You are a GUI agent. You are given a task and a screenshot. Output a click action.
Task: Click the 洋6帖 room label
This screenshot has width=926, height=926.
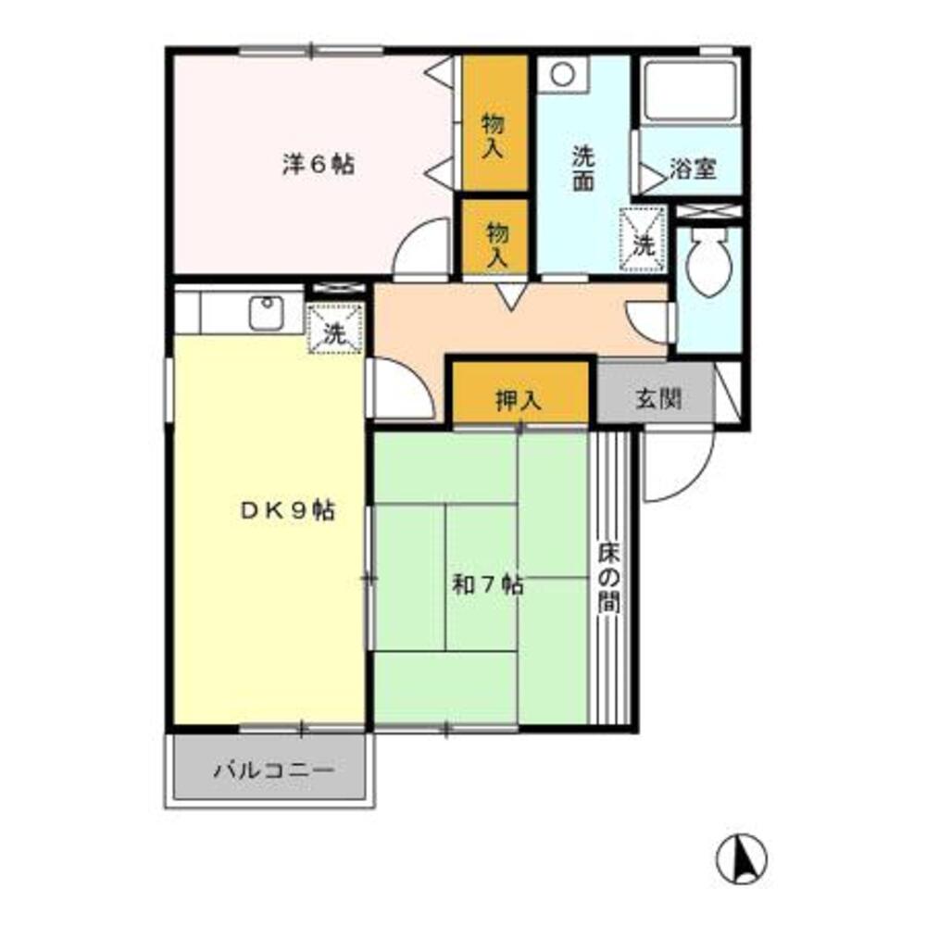318,165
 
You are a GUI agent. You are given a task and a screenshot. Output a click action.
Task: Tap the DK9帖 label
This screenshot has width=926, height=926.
288,509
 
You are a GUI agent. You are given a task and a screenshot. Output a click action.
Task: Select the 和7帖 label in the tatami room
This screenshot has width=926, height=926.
488,584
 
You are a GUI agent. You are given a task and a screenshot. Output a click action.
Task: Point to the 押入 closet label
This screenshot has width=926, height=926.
518,400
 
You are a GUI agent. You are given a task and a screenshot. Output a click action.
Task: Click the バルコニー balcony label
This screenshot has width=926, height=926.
272,770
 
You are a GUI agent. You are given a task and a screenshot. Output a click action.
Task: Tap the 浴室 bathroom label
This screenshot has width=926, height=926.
694,170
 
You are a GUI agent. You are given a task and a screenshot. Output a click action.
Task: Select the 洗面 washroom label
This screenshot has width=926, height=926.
582,169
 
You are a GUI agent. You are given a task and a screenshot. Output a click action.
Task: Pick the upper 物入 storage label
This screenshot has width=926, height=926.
494,135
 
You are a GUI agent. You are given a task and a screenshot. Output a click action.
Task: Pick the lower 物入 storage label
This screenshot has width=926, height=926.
496,244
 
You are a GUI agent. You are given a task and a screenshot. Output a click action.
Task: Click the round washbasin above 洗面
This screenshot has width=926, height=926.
561,73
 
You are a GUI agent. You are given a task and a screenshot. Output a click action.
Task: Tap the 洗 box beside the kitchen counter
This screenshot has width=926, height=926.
335,329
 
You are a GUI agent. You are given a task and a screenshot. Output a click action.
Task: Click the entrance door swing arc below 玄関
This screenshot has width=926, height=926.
680,469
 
